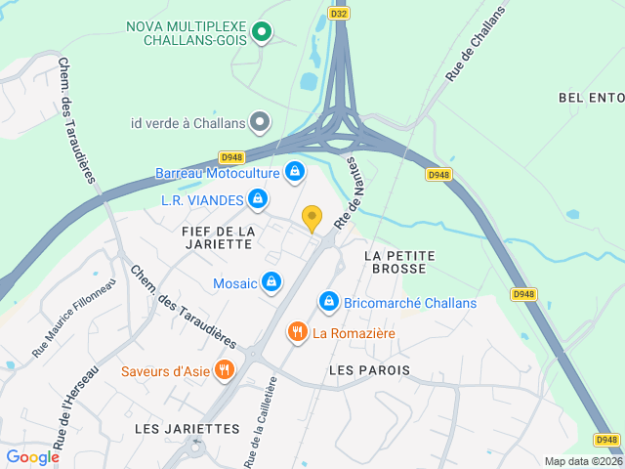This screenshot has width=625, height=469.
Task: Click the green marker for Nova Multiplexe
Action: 261,33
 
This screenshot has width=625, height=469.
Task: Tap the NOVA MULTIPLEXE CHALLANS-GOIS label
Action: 189,33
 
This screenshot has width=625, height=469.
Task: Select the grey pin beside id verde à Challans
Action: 260,122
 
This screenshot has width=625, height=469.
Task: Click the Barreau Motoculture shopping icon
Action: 295,173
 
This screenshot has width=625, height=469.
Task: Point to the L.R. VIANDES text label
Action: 202,200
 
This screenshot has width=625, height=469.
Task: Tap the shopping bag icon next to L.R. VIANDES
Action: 257,200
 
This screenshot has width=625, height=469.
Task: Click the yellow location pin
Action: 312,218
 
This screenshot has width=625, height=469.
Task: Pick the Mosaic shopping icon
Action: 271,283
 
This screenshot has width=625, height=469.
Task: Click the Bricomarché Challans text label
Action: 410,303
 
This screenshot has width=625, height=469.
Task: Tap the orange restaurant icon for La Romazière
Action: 298,333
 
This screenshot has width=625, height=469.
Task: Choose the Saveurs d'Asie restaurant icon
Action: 226,370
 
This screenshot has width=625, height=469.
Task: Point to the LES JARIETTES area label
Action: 187,429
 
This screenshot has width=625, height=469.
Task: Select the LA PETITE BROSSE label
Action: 399,262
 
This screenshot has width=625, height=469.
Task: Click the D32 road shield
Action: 339,14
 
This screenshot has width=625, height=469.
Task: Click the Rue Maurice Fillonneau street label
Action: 73,318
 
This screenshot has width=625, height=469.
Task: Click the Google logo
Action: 32,456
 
